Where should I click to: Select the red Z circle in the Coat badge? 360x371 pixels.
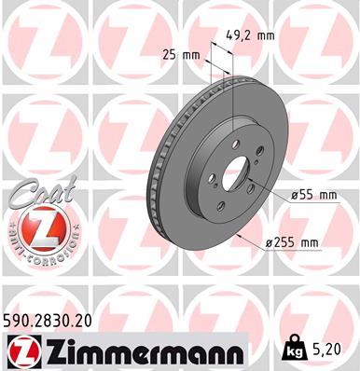[37, 227]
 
